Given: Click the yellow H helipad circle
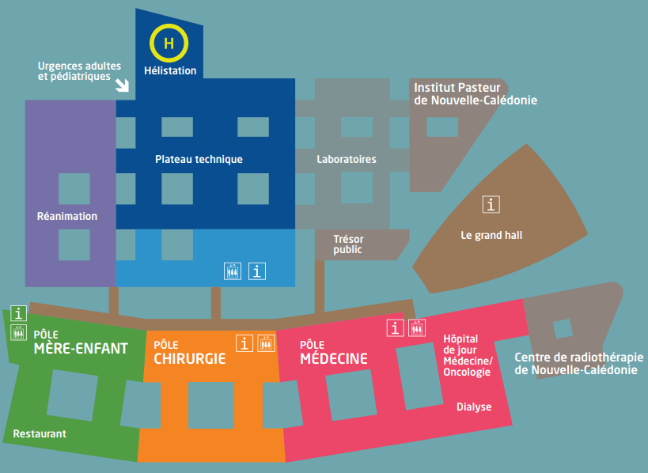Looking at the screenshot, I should tap(169, 44).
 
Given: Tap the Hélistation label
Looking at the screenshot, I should tap(170, 70).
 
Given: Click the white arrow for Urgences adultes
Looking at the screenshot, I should tap(123, 84).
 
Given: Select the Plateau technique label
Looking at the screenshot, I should tap(199, 159).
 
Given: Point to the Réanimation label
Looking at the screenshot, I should tap(67, 216).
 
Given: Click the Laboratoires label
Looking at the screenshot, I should tap(347, 159).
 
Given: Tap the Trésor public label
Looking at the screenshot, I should tap(348, 244).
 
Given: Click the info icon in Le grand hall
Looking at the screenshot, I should tap(491, 204).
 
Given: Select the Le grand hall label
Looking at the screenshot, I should tap(491, 235).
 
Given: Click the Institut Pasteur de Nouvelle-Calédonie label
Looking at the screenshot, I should tap(476, 93).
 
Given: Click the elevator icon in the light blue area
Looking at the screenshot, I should tap(232, 271).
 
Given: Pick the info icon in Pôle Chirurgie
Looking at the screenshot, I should tap(244, 342).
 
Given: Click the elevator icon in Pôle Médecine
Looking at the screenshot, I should tap(418, 327).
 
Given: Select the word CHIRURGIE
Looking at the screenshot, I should tap(190, 359).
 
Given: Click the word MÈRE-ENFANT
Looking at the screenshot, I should tap(81, 349).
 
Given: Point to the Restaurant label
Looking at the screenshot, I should tap(40, 433).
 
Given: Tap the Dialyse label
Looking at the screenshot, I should tap(474, 407).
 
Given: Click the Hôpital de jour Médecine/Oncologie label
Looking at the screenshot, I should tap(468, 355).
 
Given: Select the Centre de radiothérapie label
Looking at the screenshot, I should tap(578, 363).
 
